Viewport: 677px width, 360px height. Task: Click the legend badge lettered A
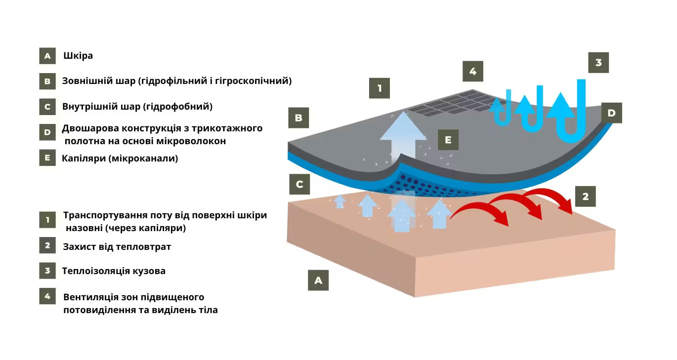coord(47,56)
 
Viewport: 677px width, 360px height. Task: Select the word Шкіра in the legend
coord(78,56)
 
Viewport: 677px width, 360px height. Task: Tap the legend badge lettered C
coord(47,107)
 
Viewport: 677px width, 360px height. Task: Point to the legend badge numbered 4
coord(47,296)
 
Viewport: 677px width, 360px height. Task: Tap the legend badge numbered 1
coord(47,220)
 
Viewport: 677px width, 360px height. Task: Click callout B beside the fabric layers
coord(298,118)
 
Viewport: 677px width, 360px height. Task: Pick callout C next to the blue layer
coord(299,184)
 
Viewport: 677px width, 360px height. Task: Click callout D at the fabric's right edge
coord(611,113)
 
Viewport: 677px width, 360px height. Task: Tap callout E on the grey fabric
coord(448,140)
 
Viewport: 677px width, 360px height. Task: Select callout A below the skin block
coord(318,280)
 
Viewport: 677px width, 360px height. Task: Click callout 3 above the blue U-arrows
coord(598,63)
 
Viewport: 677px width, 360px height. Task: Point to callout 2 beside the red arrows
coord(586,197)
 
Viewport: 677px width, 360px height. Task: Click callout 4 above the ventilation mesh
coord(473,71)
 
